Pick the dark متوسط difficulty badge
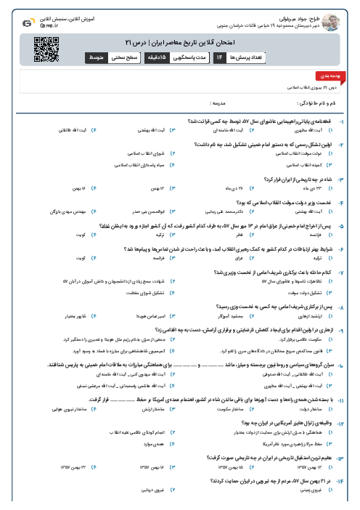pos(95,56)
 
